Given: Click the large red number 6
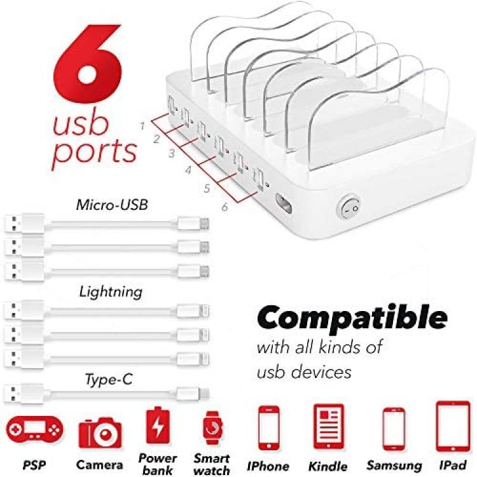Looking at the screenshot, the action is [x=88, y=64].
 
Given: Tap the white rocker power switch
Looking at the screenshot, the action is [x=349, y=207].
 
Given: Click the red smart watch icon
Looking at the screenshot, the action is [x=212, y=428].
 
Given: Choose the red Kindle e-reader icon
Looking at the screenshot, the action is [x=329, y=427].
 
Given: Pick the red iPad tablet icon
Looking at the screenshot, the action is [x=453, y=427].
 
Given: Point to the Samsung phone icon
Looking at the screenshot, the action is [x=394, y=429].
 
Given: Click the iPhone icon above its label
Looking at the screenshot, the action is [x=269, y=428].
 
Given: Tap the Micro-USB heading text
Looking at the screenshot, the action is [x=112, y=205].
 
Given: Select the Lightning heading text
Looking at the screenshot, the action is [x=111, y=293].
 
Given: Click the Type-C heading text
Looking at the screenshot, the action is [x=109, y=380].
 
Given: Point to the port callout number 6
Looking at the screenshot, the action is [x=225, y=207].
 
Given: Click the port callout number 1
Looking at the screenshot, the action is [x=142, y=125].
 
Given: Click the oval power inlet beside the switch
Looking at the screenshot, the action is [x=284, y=204].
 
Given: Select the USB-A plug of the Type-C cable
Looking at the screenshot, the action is [x=24, y=394].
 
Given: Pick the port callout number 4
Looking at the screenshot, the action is [x=188, y=170].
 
